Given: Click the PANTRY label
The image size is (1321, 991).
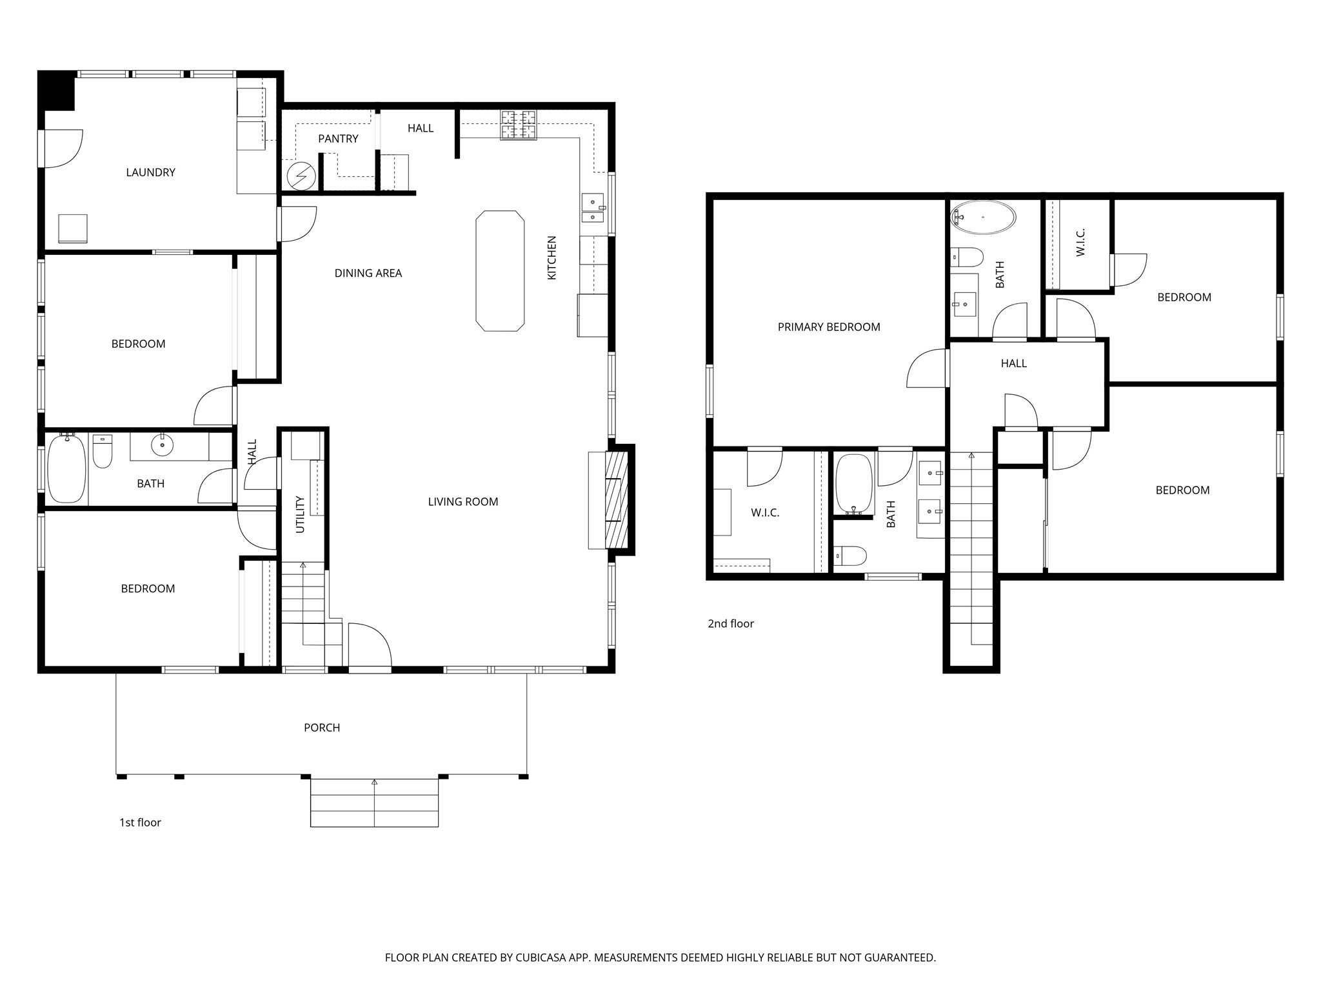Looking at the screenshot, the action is click(338, 139).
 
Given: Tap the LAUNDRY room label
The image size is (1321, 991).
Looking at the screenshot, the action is click(150, 172).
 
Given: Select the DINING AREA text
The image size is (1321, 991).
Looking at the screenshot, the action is click(368, 273).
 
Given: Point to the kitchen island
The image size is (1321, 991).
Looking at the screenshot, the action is click(500, 271).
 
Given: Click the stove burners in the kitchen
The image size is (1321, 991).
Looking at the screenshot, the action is click(519, 125).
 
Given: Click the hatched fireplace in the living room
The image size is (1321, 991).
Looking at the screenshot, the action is click(616, 499).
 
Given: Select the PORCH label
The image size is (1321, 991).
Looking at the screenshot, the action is click(322, 728).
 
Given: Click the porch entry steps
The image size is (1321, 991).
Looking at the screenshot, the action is click(374, 803).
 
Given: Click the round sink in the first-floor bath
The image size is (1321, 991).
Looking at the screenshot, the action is click(163, 445).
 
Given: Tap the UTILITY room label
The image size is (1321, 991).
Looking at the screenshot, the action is click(300, 514).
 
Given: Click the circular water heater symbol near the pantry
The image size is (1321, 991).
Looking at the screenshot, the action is click(301, 175).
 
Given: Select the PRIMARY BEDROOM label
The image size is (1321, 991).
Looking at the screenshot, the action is click(829, 327).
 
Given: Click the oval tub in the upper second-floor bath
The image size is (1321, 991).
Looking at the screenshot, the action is click(983, 217).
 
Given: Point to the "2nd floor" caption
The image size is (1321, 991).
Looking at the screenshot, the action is click(731, 624).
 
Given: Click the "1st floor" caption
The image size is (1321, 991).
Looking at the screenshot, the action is click(140, 823).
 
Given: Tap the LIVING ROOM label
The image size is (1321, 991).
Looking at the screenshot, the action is click(463, 502).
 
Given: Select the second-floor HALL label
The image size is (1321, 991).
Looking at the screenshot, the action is click(1014, 364).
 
